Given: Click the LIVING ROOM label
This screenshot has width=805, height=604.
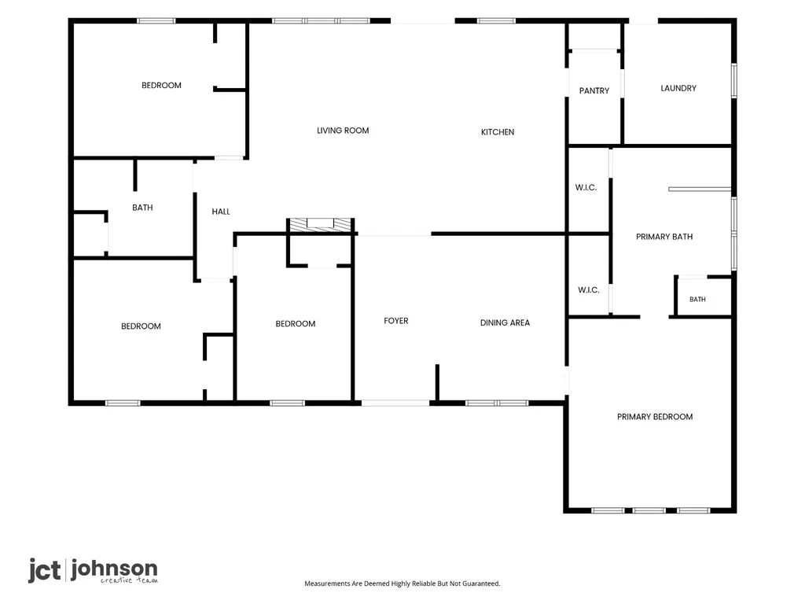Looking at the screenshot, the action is tap(343, 131).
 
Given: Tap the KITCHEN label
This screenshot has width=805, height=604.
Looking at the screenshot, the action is tap(498, 132).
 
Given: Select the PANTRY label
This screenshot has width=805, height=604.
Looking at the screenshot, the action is tap(594, 91).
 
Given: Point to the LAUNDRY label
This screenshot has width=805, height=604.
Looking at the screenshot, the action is tap(678, 88).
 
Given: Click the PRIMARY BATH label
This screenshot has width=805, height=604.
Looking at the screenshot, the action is tap(664, 237).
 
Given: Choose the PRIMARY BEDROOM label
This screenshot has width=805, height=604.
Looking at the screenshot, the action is tap(655, 417).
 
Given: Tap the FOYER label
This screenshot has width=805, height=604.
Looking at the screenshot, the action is tap(396, 321).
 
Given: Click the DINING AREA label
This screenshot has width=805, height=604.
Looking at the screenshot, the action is tap(505, 322).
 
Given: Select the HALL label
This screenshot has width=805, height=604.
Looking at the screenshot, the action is tap(221, 212).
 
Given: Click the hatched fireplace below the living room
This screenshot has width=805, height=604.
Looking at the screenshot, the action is tap(321, 224).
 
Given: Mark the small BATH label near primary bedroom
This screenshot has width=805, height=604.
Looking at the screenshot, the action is tap(697, 300).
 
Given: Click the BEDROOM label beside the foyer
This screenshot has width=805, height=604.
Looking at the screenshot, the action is tap(296, 323).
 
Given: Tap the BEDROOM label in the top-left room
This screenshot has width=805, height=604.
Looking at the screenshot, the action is tap(161, 85).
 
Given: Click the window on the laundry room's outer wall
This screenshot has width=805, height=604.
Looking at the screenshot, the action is tap(734, 80).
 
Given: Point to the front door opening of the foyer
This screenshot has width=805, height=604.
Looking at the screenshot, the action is tap(395, 403).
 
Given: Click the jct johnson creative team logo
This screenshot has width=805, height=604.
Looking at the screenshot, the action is tap(93, 571).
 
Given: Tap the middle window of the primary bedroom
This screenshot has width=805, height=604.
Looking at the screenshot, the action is tap(649, 510).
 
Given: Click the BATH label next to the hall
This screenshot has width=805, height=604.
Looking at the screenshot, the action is tap(142, 208).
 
